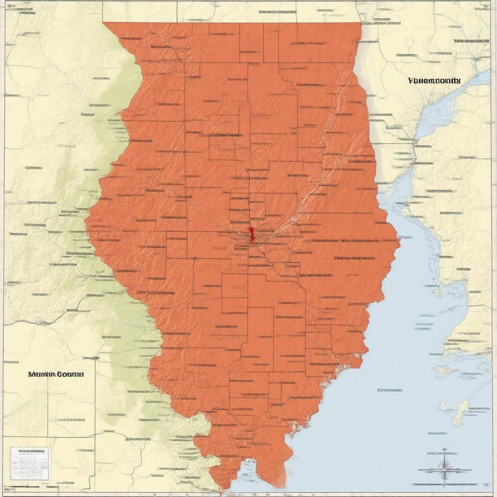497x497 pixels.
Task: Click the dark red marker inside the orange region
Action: pos(251,233)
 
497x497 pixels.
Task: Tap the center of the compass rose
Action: pos(445,470)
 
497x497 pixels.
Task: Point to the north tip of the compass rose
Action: pos(445,450)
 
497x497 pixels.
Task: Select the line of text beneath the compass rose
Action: pos(445,484)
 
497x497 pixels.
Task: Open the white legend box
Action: pos(30,464)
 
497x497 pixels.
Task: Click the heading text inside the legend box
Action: pos(30,451)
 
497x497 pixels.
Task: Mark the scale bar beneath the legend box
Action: pos(29,486)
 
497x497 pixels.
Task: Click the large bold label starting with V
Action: pos(434,81)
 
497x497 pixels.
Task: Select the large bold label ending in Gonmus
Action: pos(56,374)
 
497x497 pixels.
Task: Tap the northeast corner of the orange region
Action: pos(361,23)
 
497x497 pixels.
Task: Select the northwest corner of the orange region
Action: pos(105,23)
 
